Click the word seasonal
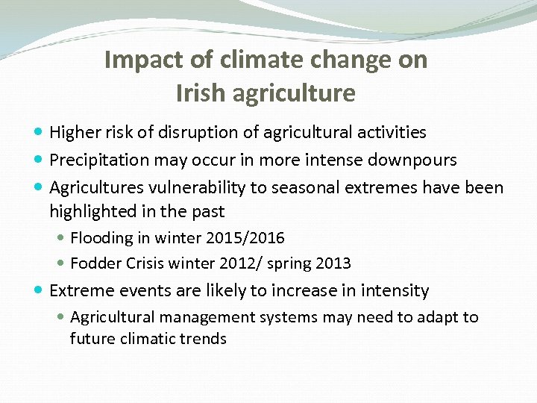305,187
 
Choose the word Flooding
100,238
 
